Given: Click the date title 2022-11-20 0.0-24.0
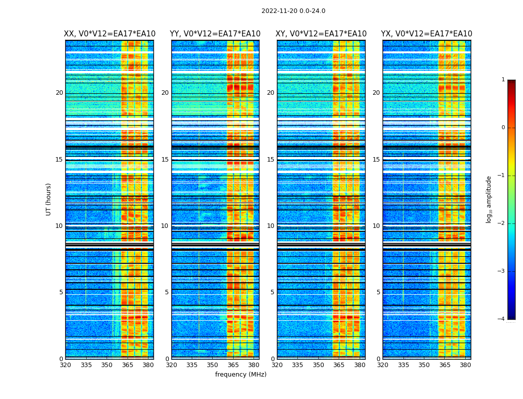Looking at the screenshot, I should coord(293,11).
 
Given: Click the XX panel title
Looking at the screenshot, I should coord(110,34).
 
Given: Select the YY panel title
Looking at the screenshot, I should coord(215,34).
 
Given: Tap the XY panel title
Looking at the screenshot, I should coord(321,34).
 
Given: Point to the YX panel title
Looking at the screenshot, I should coord(426,34).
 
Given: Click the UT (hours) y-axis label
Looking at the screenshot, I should coord(49,199).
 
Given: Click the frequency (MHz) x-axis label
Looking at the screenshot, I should coord(241,375).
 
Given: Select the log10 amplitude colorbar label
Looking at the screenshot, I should coord(489,199).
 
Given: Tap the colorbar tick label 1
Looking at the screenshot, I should coord(503,80).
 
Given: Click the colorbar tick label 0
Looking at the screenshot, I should coord(503,128).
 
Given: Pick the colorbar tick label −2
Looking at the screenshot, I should coord(502,223).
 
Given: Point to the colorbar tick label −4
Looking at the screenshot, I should coord(502,319).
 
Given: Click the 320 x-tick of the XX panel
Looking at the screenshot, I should coord(65,365).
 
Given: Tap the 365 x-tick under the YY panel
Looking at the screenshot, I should coord(233,365).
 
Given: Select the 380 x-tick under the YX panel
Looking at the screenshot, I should coord(465,365).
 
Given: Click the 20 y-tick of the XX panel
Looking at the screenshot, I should coord(59,93).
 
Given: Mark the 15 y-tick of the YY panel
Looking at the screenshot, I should coord(165,160).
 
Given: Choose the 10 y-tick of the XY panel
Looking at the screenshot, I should coord(270,226).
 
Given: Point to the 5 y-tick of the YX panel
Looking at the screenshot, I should coord(378,292).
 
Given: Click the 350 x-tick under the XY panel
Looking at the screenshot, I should coord(318,365).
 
